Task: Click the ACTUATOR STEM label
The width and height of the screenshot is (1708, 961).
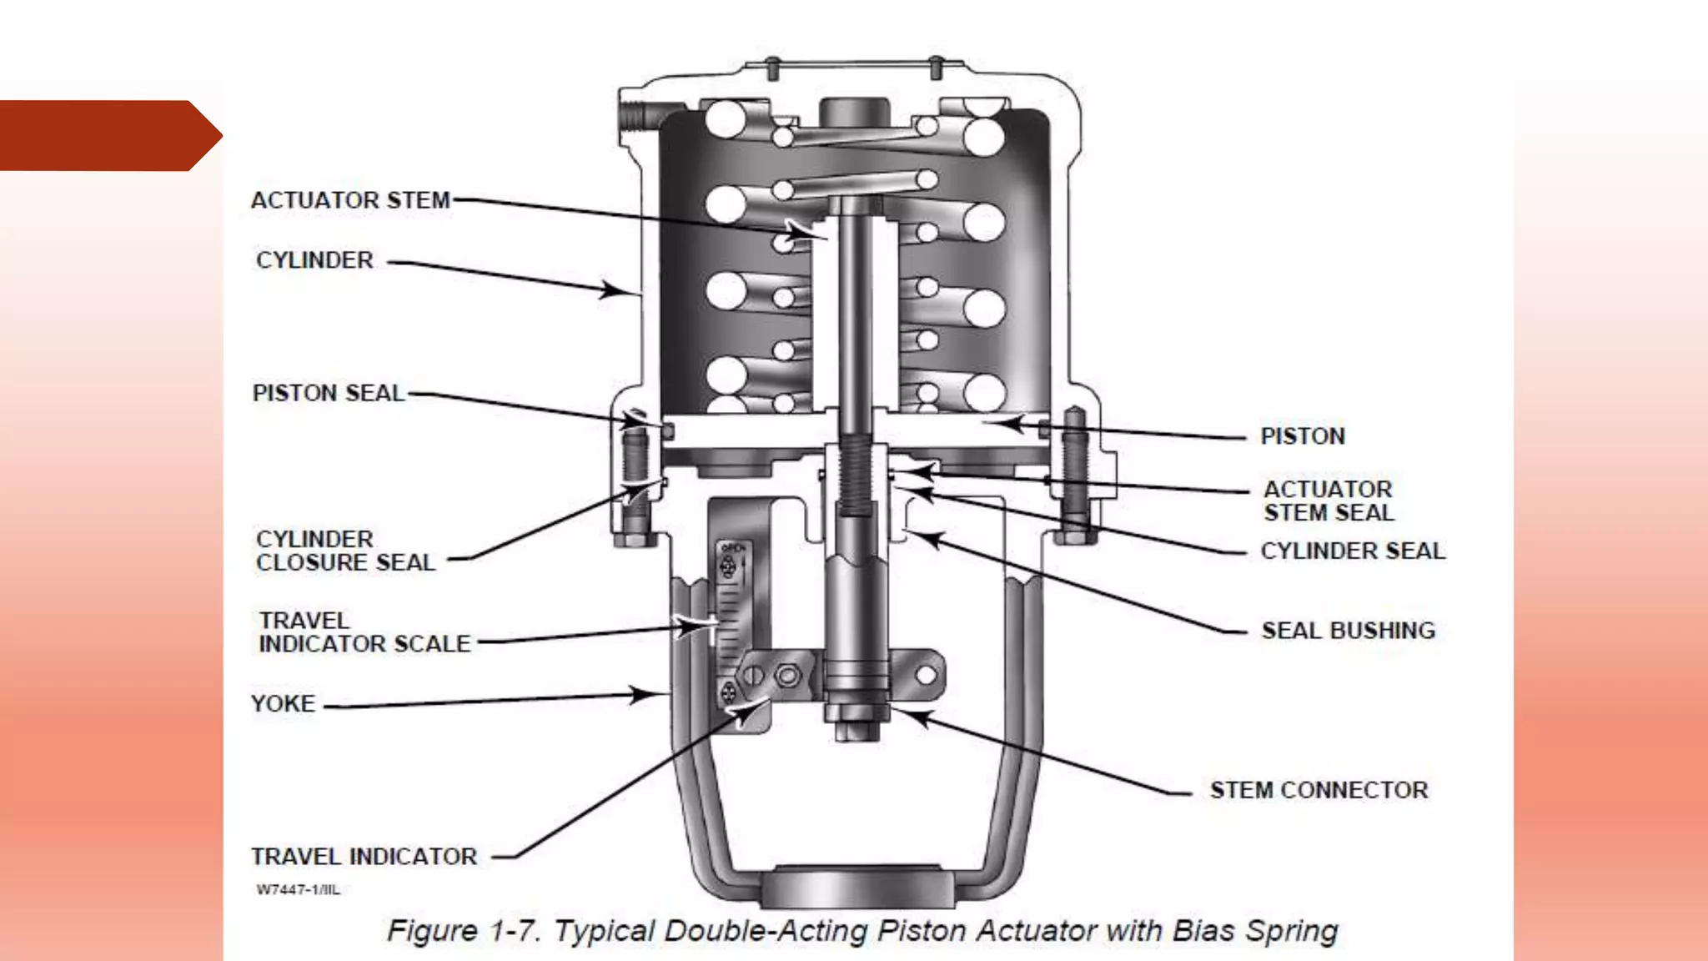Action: [350, 200]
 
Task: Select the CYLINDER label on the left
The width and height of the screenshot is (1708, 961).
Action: [314, 260]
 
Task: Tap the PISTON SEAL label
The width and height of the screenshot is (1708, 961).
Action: [328, 393]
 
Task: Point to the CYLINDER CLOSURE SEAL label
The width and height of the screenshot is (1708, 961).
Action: [345, 551]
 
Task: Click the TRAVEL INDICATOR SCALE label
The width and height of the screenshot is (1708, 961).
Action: [364, 632]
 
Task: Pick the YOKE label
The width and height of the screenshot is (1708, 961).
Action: [284, 703]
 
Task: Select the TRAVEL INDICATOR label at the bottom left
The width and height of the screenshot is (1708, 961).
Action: [364, 857]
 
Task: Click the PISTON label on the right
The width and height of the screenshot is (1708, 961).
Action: [1302, 436]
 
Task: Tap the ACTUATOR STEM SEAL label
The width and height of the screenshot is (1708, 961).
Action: [1328, 501]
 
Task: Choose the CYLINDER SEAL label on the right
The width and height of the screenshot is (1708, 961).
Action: [1352, 551]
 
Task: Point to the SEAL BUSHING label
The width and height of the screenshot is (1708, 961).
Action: [1348, 631]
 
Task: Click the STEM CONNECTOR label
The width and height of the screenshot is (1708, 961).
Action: [1319, 790]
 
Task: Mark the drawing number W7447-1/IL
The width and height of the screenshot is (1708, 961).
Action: [298, 889]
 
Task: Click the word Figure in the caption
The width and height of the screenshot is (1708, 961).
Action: [432, 931]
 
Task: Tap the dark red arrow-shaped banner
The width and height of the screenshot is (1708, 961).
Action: [104, 135]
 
